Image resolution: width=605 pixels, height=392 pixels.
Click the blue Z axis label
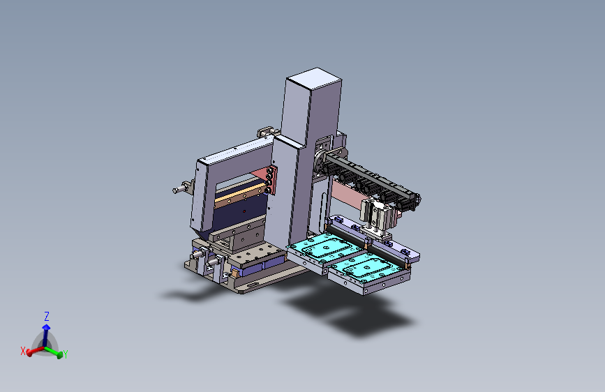(x=47, y=317)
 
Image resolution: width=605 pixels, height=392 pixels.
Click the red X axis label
(x=23, y=351)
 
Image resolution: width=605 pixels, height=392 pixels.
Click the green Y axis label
(x=65, y=354)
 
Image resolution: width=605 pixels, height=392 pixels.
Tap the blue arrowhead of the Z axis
(x=46, y=327)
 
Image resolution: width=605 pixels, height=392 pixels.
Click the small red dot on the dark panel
(x=244, y=211)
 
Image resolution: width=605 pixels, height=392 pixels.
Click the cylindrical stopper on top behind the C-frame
(x=267, y=132)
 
